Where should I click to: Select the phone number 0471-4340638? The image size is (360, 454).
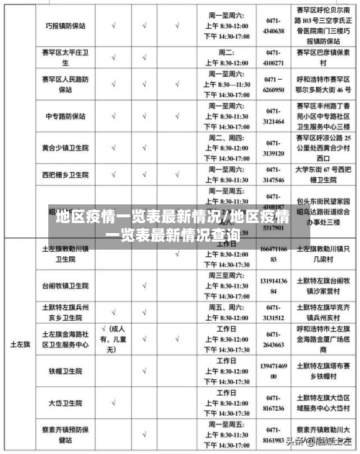(x=273, y=26)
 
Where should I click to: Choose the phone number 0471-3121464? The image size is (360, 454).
(x=273, y=117)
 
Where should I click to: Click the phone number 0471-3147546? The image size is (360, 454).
(x=273, y=175)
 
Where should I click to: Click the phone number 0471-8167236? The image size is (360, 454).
(x=273, y=403)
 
